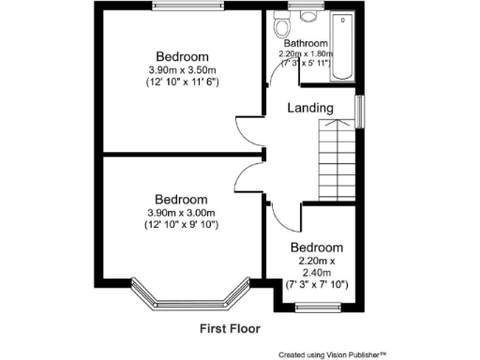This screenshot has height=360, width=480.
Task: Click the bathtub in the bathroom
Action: click(x=342, y=48)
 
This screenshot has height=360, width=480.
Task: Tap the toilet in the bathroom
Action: click(x=277, y=26)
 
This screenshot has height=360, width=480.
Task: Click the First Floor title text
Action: click(x=230, y=329)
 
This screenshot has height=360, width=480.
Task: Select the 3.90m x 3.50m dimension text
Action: click(x=182, y=70)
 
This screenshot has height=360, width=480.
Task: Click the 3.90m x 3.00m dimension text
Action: click(x=181, y=213)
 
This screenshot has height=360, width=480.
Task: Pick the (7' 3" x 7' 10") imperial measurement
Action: click(x=317, y=283)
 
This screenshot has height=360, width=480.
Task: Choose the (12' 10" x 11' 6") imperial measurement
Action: click(x=182, y=84)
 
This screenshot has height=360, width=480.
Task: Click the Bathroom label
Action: click(x=306, y=43)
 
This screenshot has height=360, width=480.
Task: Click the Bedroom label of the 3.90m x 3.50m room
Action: click(x=182, y=56)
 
